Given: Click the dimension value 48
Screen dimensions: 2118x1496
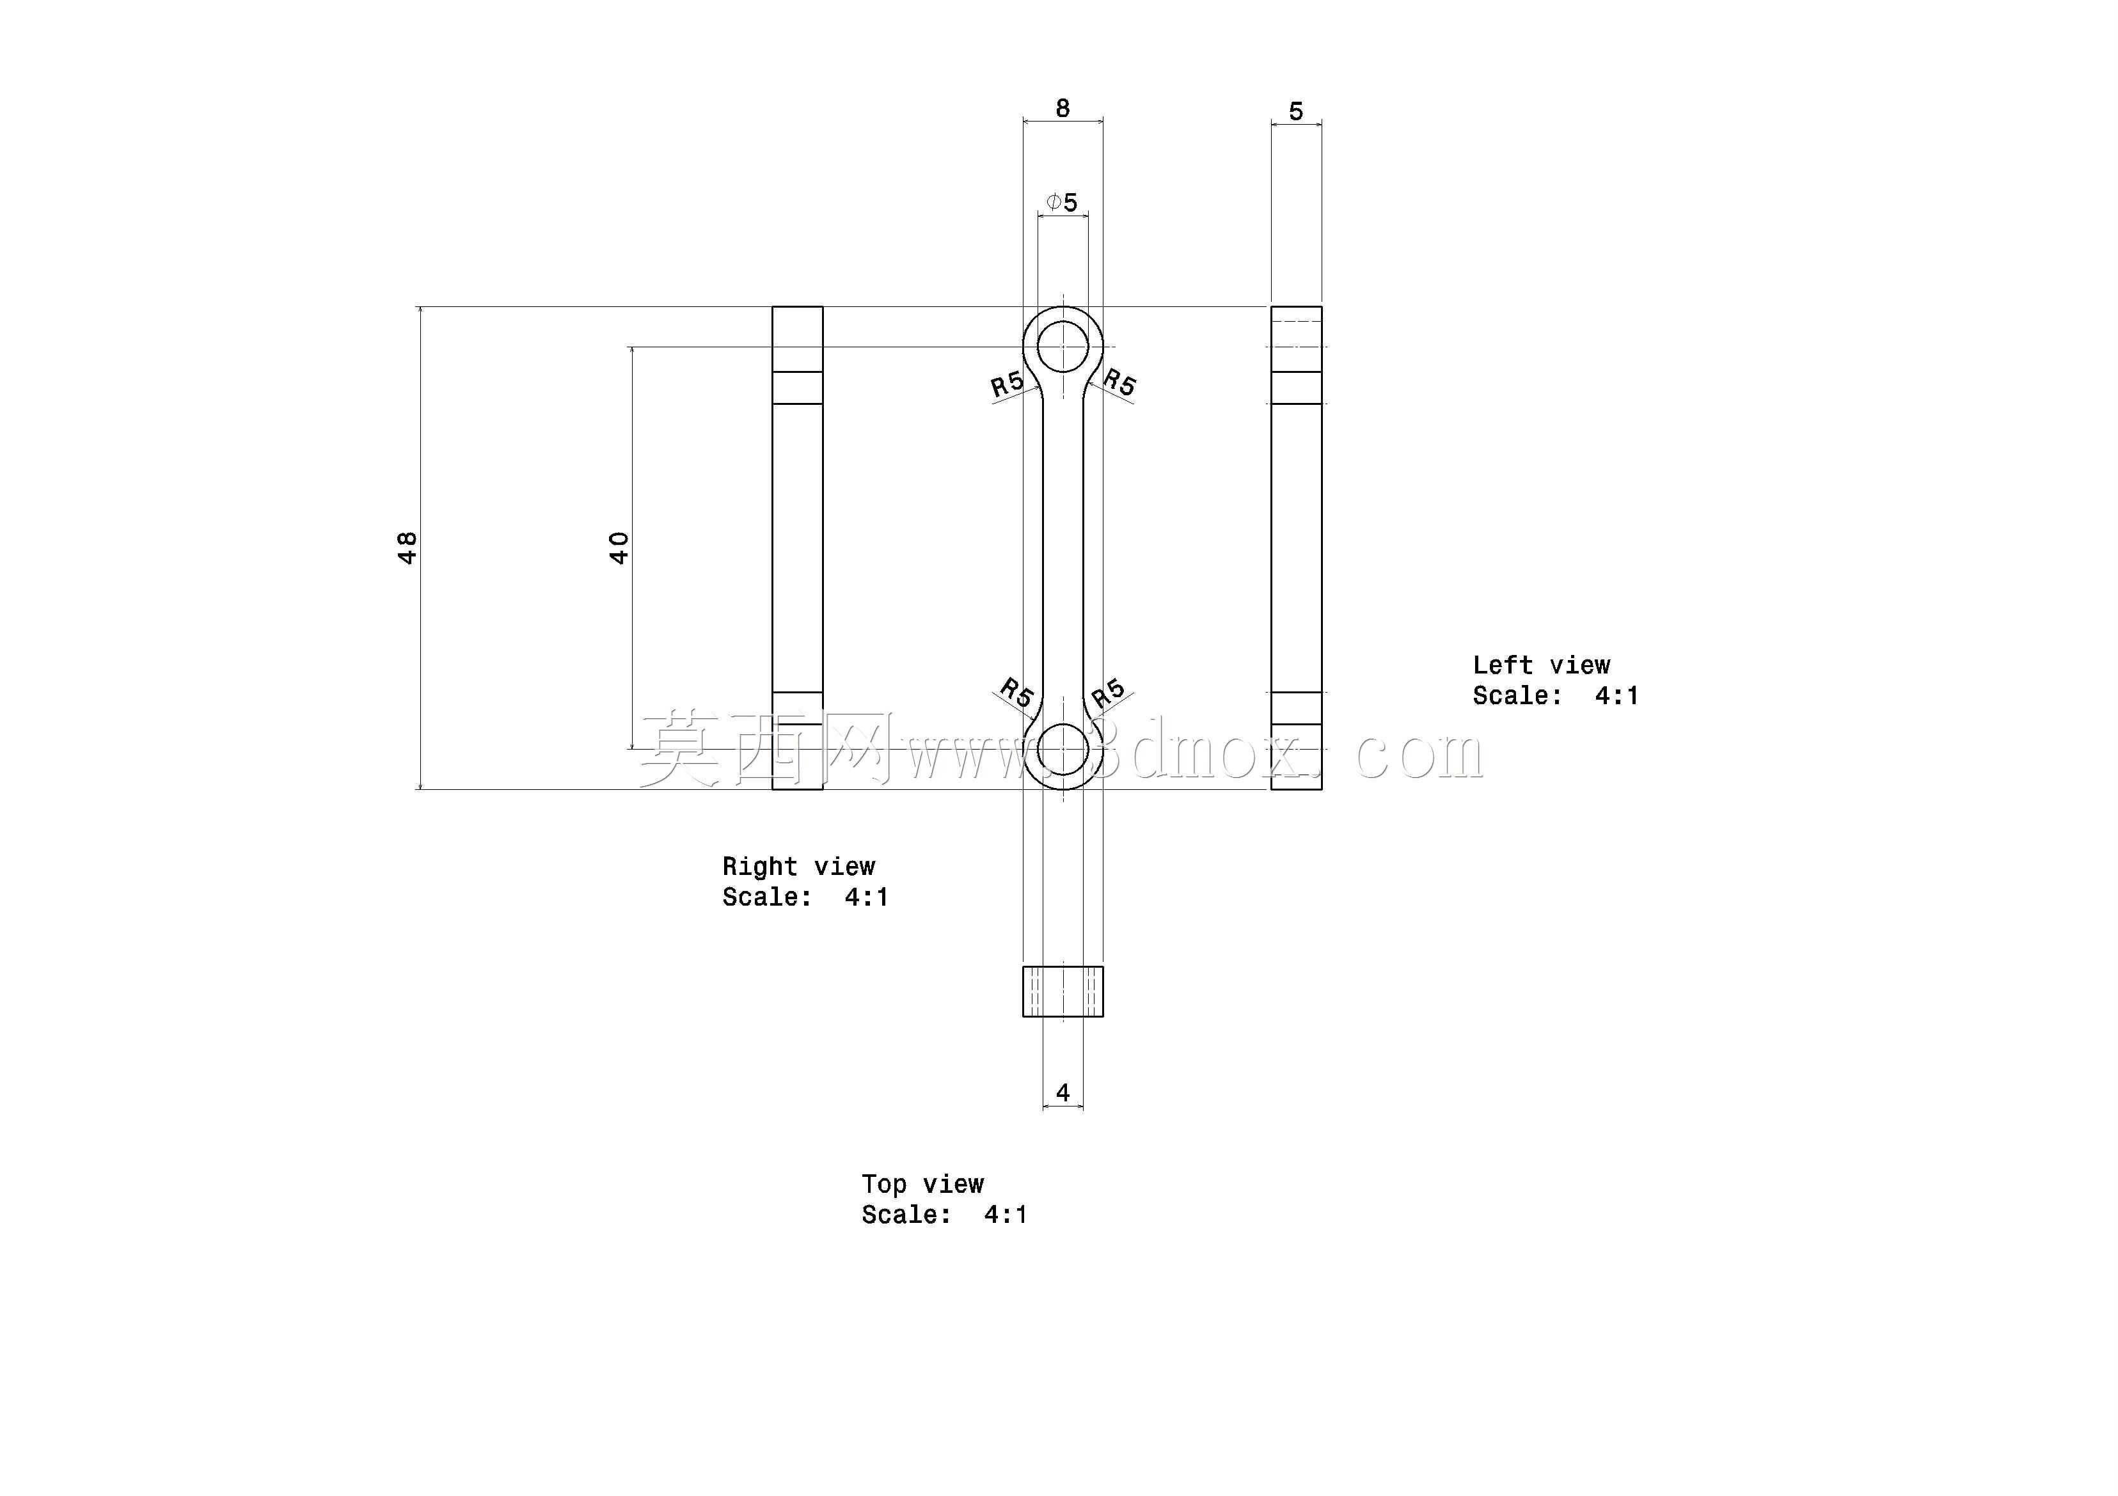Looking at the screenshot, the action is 407,548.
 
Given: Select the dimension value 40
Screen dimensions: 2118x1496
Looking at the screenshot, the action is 619,548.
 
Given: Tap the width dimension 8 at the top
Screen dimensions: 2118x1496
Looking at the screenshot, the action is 1063,109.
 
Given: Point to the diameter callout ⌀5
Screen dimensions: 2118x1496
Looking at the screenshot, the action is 1062,202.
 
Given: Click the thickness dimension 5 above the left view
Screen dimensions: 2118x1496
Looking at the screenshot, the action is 1296,111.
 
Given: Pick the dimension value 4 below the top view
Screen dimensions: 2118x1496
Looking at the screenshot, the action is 1063,1093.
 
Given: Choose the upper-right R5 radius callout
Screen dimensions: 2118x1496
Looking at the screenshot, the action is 1119,381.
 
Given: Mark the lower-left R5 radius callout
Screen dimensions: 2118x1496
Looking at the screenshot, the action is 1016,692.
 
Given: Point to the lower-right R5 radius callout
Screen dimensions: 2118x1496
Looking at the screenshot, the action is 1109,693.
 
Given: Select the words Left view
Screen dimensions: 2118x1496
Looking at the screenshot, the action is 1542,665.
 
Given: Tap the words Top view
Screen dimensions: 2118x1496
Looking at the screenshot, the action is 922,1185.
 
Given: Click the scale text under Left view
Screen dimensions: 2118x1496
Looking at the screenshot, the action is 1555,695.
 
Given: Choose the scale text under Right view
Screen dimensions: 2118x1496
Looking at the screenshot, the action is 805,897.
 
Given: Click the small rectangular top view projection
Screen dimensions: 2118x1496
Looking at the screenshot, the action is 1063,991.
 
